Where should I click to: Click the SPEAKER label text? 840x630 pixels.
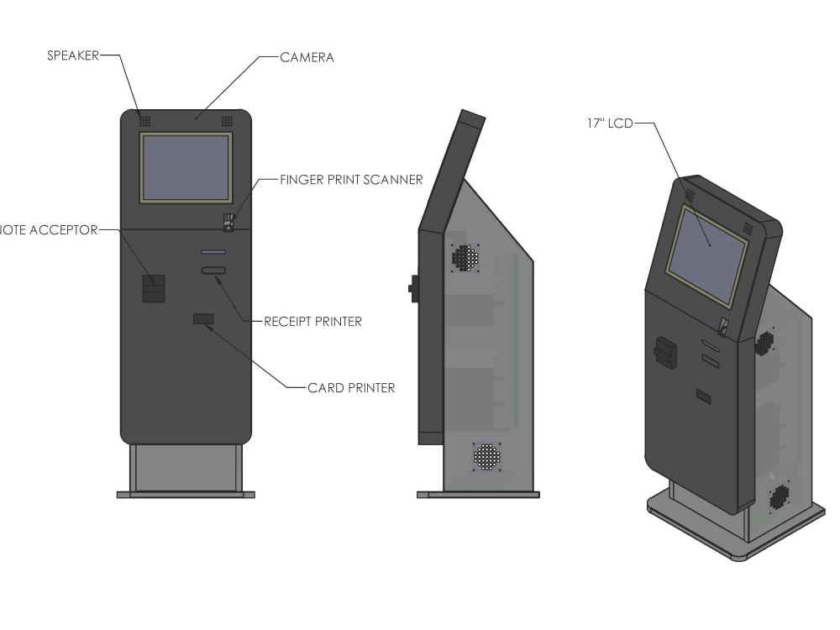pyautogui.click(x=71, y=55)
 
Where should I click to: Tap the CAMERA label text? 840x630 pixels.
pyautogui.click(x=307, y=57)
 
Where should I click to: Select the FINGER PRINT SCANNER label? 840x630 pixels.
pyautogui.click(x=351, y=179)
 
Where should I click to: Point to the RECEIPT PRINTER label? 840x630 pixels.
pyautogui.click(x=312, y=321)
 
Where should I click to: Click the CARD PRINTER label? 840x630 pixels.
pyautogui.click(x=351, y=388)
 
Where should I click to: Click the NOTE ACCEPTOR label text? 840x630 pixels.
pyautogui.click(x=49, y=231)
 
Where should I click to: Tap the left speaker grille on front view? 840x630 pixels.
pyautogui.click(x=144, y=121)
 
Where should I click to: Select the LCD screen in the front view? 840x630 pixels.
pyautogui.click(x=186, y=167)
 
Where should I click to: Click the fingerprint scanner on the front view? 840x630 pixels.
pyautogui.click(x=228, y=223)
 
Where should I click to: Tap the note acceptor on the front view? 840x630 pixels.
pyautogui.click(x=153, y=288)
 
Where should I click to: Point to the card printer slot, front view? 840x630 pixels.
pyautogui.click(x=203, y=318)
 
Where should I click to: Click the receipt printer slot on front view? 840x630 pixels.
pyautogui.click(x=213, y=270)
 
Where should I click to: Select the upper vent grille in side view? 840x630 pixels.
pyautogui.click(x=465, y=258)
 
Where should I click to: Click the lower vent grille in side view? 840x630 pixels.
pyautogui.click(x=486, y=457)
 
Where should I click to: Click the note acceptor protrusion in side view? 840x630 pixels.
pyautogui.click(x=413, y=287)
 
